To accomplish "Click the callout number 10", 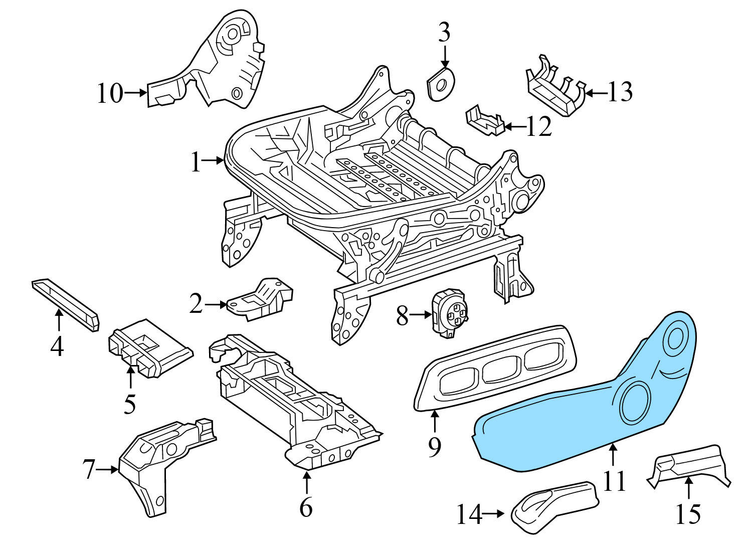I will click(x=109, y=93).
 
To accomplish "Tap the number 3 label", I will click(x=444, y=33).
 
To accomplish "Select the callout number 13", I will click(x=620, y=92).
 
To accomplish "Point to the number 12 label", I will click(x=539, y=127).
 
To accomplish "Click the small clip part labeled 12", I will click(x=484, y=120).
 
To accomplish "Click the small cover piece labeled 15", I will click(x=689, y=464).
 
